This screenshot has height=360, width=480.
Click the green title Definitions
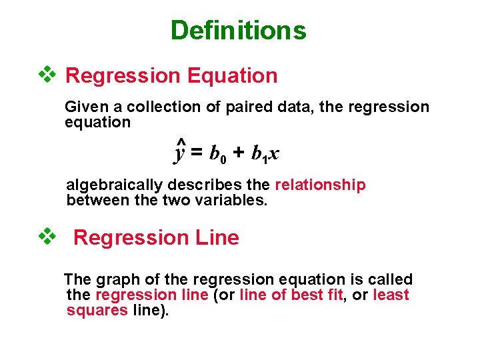click(238, 31)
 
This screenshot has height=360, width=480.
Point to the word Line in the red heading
click(215, 238)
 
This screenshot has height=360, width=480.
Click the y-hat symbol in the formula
click(179, 152)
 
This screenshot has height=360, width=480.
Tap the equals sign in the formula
click(197, 153)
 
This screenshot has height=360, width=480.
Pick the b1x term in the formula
click(265, 155)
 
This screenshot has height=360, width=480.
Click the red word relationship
click(320, 185)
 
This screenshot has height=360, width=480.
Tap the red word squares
click(97, 310)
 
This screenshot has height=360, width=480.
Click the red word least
click(391, 295)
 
